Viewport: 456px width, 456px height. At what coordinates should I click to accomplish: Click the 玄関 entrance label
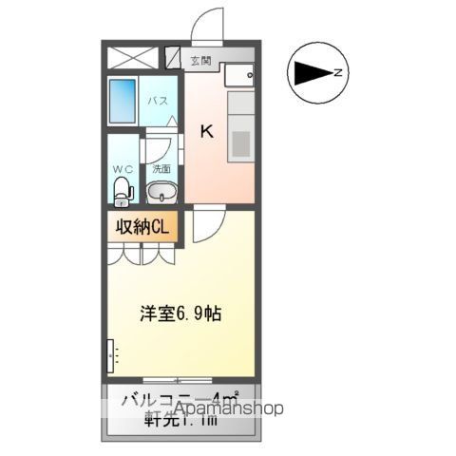pyautogui.click(x=200, y=63)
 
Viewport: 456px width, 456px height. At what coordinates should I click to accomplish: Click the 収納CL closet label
pyautogui.click(x=142, y=227)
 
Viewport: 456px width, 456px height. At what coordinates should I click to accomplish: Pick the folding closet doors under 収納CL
pyautogui.click(x=142, y=254)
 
